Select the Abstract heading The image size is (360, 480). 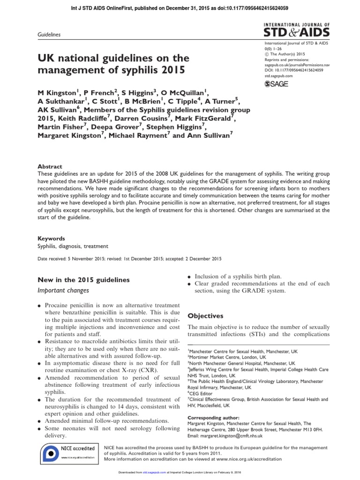pos(49,166)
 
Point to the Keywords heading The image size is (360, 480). pos(51,238)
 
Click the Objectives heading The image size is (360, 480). pos(205,315)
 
